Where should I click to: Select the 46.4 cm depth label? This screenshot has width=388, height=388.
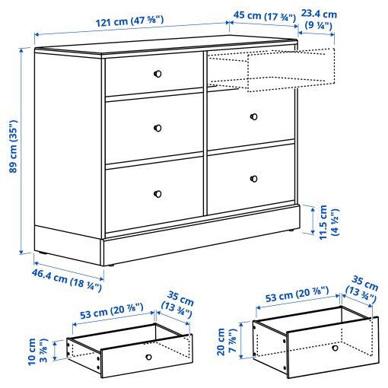(x=67, y=278)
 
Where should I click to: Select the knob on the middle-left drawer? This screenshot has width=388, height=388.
(x=158, y=127)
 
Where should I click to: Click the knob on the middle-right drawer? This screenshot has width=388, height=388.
(x=253, y=116)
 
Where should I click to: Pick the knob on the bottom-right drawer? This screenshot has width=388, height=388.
(x=253, y=179)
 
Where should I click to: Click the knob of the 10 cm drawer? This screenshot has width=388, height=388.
(x=148, y=357)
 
